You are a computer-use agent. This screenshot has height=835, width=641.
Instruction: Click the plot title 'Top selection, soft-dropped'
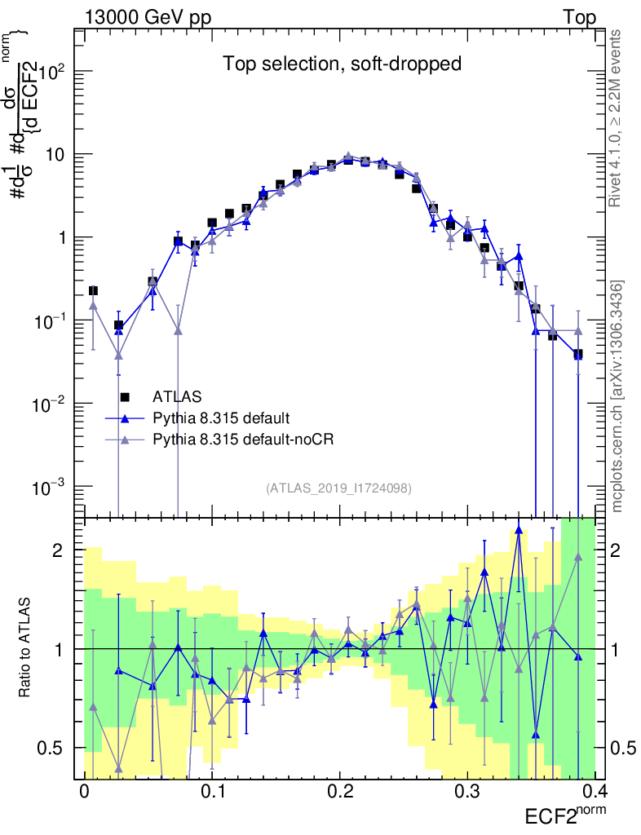tap(343, 64)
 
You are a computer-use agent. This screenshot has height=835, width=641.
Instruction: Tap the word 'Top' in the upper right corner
tap(579, 18)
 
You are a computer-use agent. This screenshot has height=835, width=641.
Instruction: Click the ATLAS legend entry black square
tap(125, 397)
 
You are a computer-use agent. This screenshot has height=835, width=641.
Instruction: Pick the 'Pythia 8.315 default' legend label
tap(220, 418)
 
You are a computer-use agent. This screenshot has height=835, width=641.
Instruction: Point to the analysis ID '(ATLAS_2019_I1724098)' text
tap(338, 488)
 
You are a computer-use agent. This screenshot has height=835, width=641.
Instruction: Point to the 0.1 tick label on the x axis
tap(212, 792)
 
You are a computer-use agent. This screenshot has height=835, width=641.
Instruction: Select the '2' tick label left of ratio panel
tap(59, 551)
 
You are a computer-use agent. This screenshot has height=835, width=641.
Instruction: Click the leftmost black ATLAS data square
tap(93, 290)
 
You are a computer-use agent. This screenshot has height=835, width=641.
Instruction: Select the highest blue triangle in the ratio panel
tap(519, 531)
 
